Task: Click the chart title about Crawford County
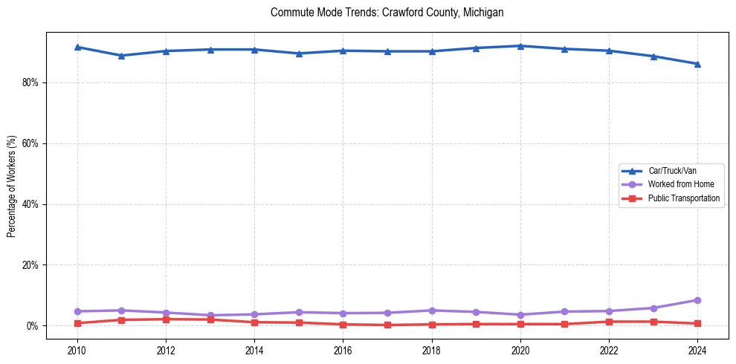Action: pos(387,13)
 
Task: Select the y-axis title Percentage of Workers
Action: pos(11,186)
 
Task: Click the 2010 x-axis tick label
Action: pos(77,350)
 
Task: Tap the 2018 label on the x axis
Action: pos(432,350)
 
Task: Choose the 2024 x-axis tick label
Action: pos(697,350)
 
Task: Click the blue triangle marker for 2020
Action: pos(520,46)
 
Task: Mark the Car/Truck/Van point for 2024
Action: pos(697,64)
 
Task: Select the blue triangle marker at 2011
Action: pos(121,56)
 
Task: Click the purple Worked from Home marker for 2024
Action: pos(697,300)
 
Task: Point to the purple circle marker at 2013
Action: pos(210,316)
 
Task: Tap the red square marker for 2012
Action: pos(166,319)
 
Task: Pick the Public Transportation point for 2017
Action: pos(387,325)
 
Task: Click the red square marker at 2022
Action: pos(609,322)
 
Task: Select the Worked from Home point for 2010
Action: pos(77,311)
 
